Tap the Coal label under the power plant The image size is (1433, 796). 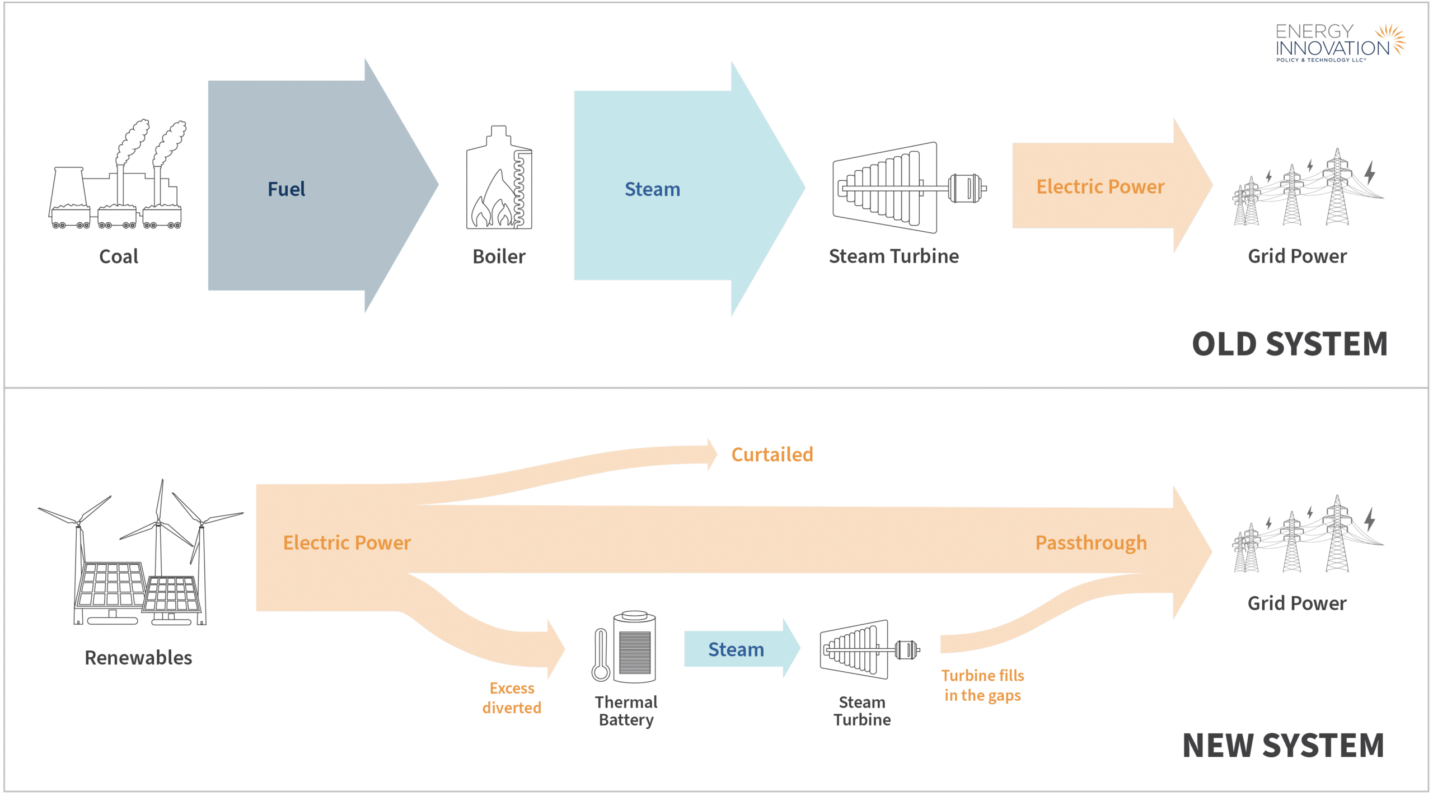119,256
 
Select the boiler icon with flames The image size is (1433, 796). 499,179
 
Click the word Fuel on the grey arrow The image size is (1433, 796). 286,189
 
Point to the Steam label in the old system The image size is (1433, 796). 652,189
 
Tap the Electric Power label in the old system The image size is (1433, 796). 1100,186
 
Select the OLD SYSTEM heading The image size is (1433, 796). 1289,344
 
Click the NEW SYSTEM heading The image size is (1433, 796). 1283,746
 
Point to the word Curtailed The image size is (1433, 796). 772,455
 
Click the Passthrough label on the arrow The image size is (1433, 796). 1090,542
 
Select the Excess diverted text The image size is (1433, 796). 512,697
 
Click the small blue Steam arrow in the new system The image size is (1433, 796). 739,649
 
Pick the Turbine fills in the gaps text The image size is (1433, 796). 982,685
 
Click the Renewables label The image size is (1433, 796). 138,658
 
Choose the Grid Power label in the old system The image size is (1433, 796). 1297,256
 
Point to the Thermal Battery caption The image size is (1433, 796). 626,711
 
